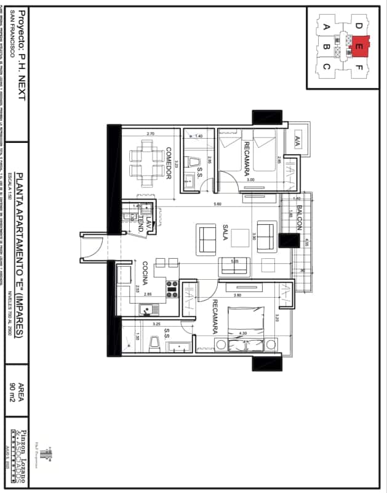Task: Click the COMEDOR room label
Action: pos(168,164)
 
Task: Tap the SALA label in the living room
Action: pos(226,235)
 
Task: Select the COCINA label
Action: pos(145,274)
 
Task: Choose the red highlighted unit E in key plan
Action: pos(359,45)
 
